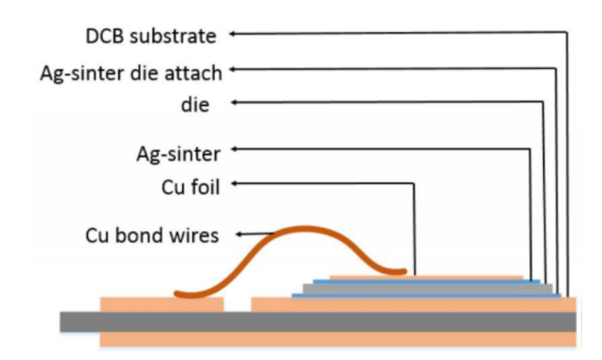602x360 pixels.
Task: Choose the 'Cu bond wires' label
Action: point(152,235)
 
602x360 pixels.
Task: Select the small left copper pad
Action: point(162,304)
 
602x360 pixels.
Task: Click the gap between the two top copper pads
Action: point(238,305)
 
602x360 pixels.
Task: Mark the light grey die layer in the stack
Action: point(427,288)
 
